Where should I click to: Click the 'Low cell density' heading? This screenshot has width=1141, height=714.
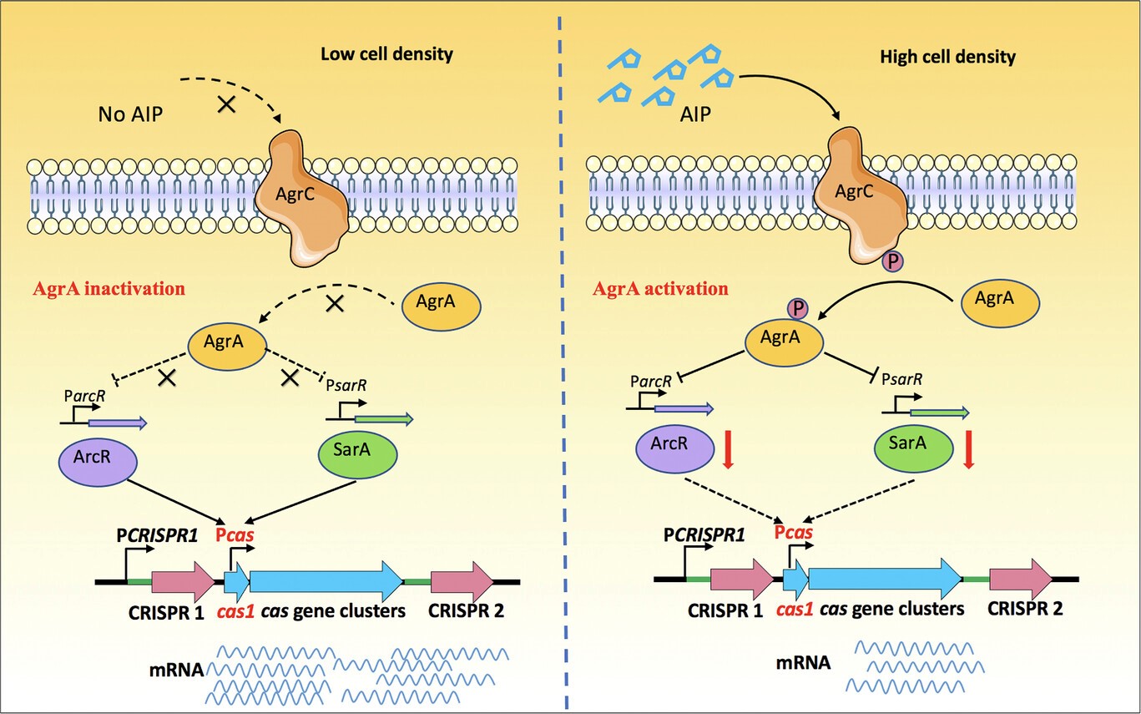click(386, 55)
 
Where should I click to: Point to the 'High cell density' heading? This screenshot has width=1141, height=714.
click(947, 58)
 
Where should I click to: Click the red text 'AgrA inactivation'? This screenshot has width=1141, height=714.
click(109, 290)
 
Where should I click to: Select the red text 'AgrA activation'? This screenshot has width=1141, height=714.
click(660, 290)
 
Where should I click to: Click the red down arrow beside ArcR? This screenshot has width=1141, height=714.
click(728, 448)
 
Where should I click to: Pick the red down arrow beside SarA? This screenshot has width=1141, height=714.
click(969, 448)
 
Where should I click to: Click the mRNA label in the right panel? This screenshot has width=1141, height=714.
click(802, 663)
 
